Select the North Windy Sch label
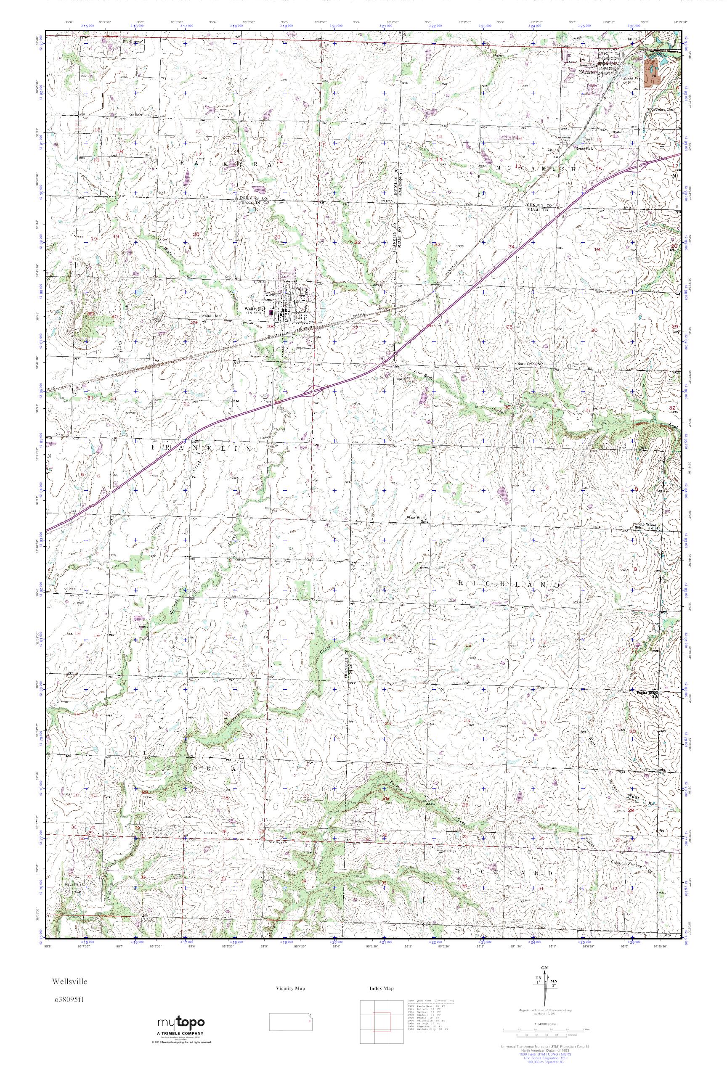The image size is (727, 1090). tap(645, 526)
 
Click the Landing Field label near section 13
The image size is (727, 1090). tap(510, 137)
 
